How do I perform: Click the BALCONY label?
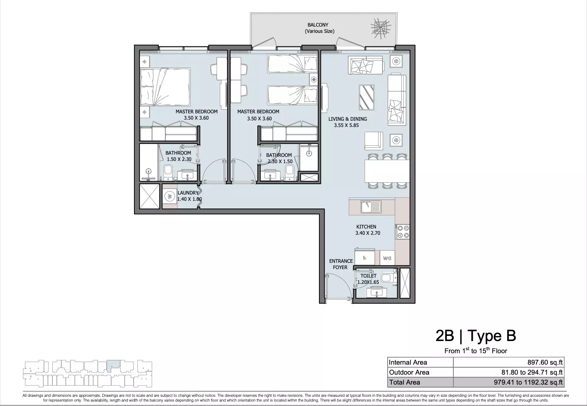point(318,25)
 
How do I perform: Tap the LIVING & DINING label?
point(347,119)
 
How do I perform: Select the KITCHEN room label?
point(366,227)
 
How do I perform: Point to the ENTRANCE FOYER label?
point(341,264)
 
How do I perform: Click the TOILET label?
point(368,276)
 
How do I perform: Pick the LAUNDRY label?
point(188,193)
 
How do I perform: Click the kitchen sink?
point(371,207)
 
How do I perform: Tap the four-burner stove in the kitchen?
point(403,231)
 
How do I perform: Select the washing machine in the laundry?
point(170,196)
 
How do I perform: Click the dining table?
point(387,171)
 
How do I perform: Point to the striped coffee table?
point(367,97)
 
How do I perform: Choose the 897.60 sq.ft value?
point(545,362)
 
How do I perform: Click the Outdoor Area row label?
point(409,372)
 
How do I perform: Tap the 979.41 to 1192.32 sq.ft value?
point(528,382)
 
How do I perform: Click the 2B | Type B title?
point(476,336)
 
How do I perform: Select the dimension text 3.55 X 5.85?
point(346,125)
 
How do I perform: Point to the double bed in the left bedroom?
point(165,87)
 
